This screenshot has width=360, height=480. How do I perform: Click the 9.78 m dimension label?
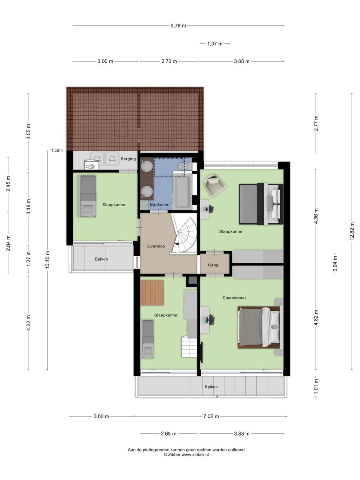178,26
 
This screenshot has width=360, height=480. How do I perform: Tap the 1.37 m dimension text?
214,44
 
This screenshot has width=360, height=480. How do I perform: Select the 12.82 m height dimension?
352,231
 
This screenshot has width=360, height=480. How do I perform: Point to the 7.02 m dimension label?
211,417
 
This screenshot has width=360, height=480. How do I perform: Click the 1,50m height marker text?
57,150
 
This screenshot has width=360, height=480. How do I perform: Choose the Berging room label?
128,159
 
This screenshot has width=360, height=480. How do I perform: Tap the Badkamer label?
160,204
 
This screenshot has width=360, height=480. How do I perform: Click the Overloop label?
156,246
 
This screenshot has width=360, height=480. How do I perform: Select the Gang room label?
213,265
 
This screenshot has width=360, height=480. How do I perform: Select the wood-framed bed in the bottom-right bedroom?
259,327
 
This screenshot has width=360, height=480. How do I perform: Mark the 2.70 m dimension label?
169,62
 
